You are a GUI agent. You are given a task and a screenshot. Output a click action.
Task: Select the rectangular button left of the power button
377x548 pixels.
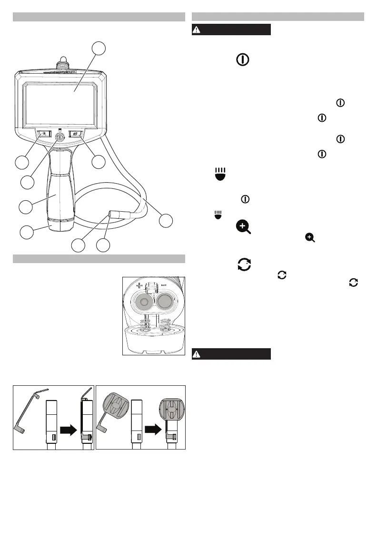coord(43,135)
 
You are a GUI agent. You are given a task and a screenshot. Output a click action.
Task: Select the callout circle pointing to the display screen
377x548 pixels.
coord(99,48)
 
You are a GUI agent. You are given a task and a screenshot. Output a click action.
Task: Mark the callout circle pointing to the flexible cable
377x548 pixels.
coord(166,220)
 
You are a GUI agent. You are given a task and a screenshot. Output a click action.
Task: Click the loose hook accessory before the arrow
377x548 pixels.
coord(27,414)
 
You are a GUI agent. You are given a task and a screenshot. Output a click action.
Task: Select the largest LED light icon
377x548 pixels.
coord(220,173)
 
